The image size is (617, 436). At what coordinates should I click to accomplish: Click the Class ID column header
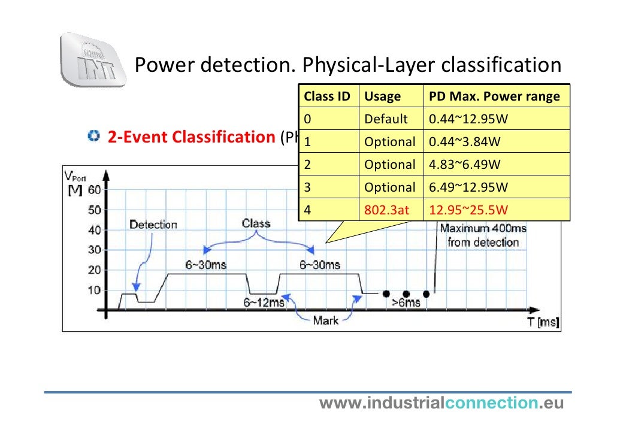point(326,96)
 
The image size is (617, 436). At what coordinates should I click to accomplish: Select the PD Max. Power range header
point(494,96)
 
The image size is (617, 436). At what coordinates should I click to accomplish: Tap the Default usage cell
point(386,119)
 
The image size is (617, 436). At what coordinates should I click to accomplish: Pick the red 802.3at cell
point(386,210)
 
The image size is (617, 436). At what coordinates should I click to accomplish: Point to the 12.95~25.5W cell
point(468,210)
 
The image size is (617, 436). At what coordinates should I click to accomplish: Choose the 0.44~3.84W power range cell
point(465,142)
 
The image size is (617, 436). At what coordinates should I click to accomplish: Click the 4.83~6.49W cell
point(465,165)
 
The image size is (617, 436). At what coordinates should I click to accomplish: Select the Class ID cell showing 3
point(307,187)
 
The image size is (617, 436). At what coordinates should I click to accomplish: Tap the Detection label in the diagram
point(153,225)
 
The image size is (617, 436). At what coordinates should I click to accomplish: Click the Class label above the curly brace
point(256,224)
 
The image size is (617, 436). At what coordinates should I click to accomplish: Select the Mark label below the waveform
point(325,320)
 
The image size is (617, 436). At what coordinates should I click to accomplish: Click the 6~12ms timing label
point(264,302)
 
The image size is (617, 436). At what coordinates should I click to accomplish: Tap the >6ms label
point(406,302)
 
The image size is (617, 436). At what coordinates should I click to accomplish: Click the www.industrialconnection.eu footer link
point(441,404)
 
